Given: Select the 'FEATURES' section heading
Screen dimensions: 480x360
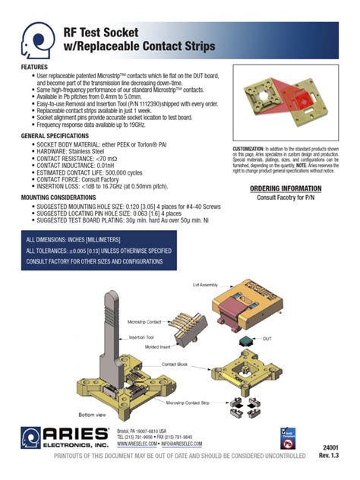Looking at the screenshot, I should (x=33, y=68).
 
